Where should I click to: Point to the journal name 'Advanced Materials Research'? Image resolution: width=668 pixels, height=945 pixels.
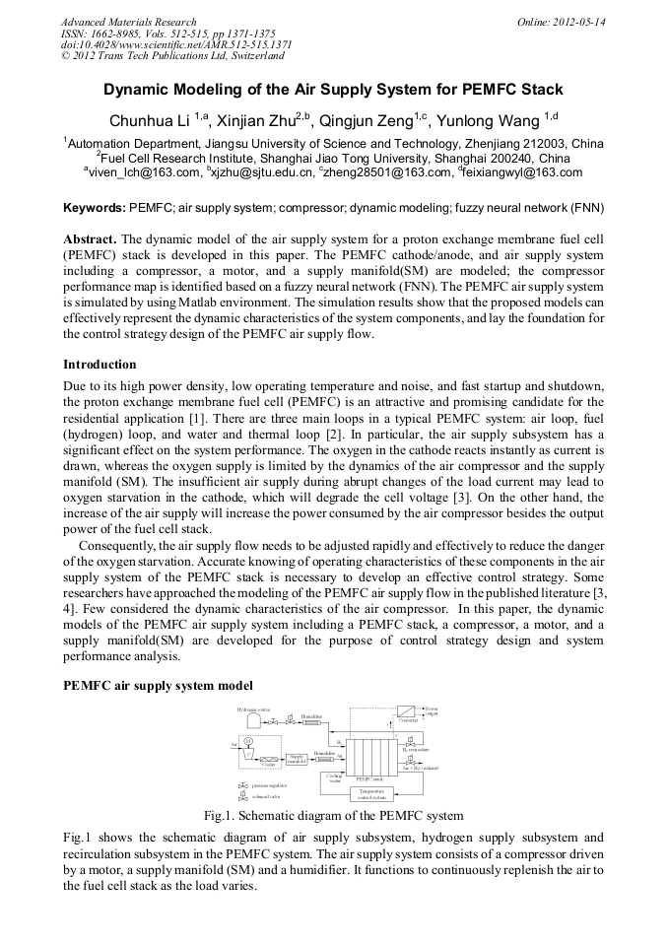pos(128,22)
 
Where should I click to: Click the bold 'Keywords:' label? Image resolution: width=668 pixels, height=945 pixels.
pos(95,208)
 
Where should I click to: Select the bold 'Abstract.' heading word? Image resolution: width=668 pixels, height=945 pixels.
pos(90,239)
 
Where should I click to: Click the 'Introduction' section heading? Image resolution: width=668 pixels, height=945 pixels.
pos(100,365)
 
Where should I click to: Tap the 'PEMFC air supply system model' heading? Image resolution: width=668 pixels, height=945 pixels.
pos(158,685)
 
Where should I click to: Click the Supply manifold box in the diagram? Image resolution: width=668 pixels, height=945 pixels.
pos(297,758)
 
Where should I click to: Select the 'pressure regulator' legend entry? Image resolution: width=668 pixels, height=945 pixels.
pos(266,785)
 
